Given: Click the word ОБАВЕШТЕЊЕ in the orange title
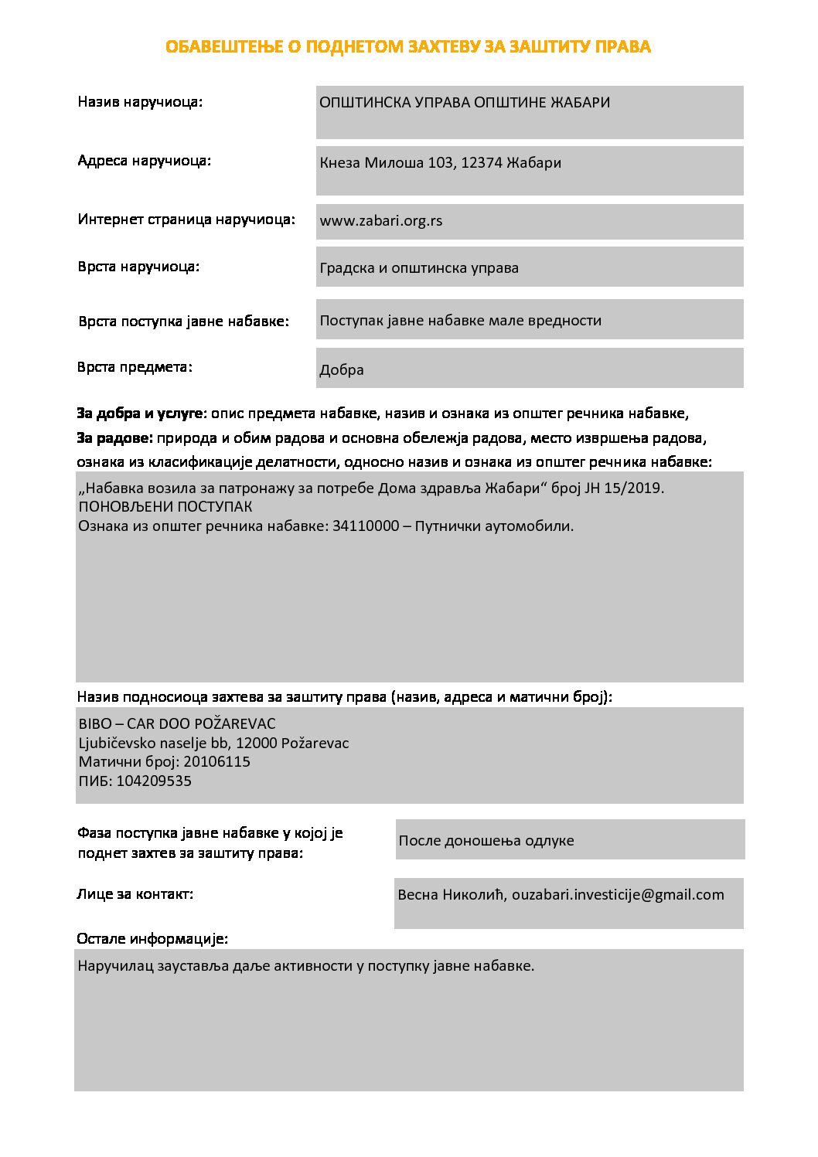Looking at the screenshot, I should pos(223,47).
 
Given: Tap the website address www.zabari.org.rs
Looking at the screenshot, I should pos(381,221).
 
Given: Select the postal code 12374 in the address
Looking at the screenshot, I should pos(482,163).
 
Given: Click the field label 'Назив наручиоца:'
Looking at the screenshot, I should pos(140,102).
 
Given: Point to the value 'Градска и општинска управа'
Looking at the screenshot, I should pos(419,268).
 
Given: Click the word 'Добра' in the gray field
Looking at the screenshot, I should pos(342,370).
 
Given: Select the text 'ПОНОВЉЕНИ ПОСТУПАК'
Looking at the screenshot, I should pos(165,507).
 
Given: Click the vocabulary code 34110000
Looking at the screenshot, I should pos(366,526).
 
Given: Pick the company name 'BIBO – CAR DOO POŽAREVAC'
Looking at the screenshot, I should pos(177,724).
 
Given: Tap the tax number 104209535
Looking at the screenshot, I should pos(154,781).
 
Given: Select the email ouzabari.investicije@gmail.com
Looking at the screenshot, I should pos(618,895).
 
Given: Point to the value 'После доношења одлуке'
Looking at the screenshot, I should pos(486,841).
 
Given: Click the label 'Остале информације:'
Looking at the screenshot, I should pos(152,939).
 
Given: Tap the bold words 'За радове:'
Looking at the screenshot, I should pos(115,438).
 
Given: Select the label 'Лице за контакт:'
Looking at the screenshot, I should pos(135,894).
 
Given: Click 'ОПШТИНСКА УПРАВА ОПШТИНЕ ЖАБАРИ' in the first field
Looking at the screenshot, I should pos(465,103).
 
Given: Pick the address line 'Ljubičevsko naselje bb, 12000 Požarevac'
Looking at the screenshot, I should pos(214,744).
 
